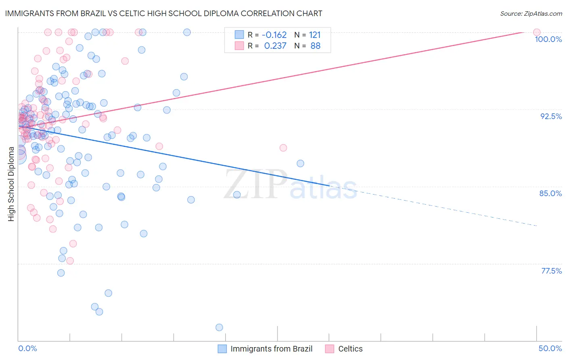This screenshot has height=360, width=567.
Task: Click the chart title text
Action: click(x=163, y=13)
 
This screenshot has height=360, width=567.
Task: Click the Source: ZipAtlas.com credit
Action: click(x=531, y=14)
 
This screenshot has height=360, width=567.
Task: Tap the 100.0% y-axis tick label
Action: click(x=548, y=39)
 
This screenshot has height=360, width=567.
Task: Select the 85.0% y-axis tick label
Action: click(x=550, y=193)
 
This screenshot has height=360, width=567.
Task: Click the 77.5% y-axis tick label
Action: click(x=551, y=271)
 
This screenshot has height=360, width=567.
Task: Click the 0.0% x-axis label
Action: click(x=27, y=348)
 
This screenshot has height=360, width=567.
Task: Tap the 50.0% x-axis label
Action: click(x=550, y=348)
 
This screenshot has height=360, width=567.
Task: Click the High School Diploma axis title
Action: click(x=11, y=184)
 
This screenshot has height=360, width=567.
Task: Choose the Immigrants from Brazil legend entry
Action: click(x=271, y=349)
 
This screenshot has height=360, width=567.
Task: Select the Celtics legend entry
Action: click(x=350, y=349)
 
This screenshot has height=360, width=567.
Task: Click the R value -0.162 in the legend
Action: click(x=274, y=35)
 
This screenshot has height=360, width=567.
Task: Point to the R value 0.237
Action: click(x=275, y=46)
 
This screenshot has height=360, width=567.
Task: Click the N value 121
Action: click(x=315, y=35)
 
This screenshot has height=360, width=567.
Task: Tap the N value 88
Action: click(x=315, y=46)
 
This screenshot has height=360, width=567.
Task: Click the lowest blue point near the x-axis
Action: click(x=219, y=327)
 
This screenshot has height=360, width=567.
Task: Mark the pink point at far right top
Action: click(x=537, y=32)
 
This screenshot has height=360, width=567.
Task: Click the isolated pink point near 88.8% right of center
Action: click(x=283, y=148)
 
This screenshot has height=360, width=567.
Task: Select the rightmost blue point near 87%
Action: click(x=300, y=163)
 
